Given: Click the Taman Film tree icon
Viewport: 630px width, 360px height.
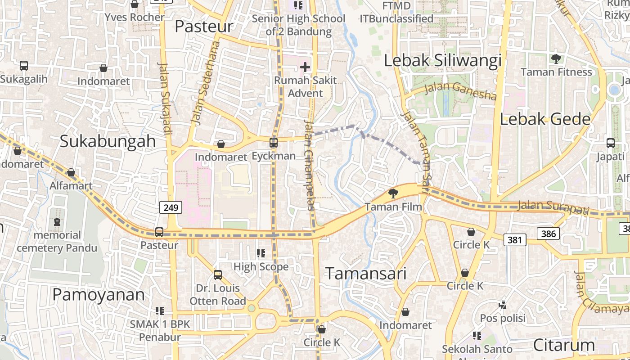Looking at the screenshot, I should click(x=393, y=193).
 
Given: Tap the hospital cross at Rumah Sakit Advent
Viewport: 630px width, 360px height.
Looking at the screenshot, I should click(x=305, y=67).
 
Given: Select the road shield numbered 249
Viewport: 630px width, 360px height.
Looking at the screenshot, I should click(x=171, y=207).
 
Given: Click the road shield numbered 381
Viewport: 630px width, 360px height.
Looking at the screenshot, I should click(x=515, y=239).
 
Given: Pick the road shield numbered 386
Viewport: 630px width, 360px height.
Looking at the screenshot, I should click(x=548, y=234).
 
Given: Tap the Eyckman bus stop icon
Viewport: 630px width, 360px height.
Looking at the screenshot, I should click(x=273, y=143).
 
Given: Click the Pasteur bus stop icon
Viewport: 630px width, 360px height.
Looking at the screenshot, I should click(x=159, y=232).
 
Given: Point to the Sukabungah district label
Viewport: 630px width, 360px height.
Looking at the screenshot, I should click(x=108, y=141).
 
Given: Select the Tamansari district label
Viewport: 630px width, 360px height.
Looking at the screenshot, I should click(x=366, y=274).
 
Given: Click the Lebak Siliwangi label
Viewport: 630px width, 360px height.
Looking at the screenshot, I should click(x=442, y=61).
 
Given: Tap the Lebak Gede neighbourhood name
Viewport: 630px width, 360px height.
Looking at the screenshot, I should click(x=545, y=119).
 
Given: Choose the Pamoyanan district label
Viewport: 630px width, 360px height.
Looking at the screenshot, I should click(x=99, y=295).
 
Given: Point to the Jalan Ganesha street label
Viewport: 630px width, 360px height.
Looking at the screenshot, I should click(x=460, y=90).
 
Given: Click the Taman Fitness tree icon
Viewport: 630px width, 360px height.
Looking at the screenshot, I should click(x=556, y=59).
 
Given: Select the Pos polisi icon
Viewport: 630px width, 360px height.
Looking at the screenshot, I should click(x=503, y=305).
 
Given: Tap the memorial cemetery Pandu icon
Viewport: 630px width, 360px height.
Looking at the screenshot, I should click(x=57, y=222).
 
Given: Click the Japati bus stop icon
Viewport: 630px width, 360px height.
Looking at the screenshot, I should click(x=610, y=143).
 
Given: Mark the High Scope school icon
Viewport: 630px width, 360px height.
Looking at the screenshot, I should click(x=261, y=254).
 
